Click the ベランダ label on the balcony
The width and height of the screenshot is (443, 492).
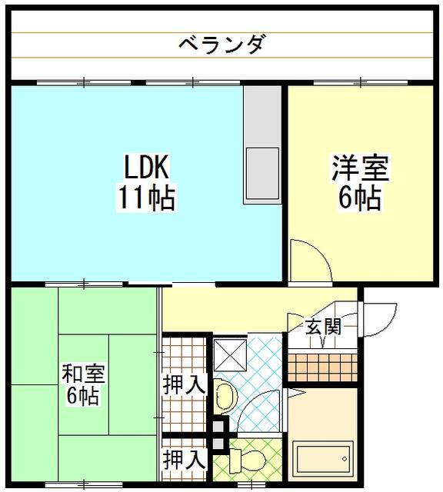tap(221, 44)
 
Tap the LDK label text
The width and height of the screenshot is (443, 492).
tap(146, 167)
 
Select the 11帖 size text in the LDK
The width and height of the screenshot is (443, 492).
tap(146, 198)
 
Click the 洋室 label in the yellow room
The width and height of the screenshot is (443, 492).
tap(360, 167)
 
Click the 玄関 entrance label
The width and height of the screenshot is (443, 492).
tap(324, 326)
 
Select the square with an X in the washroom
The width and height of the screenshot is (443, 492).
tap(230, 354)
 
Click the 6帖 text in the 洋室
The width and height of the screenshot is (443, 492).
tap(360, 198)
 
